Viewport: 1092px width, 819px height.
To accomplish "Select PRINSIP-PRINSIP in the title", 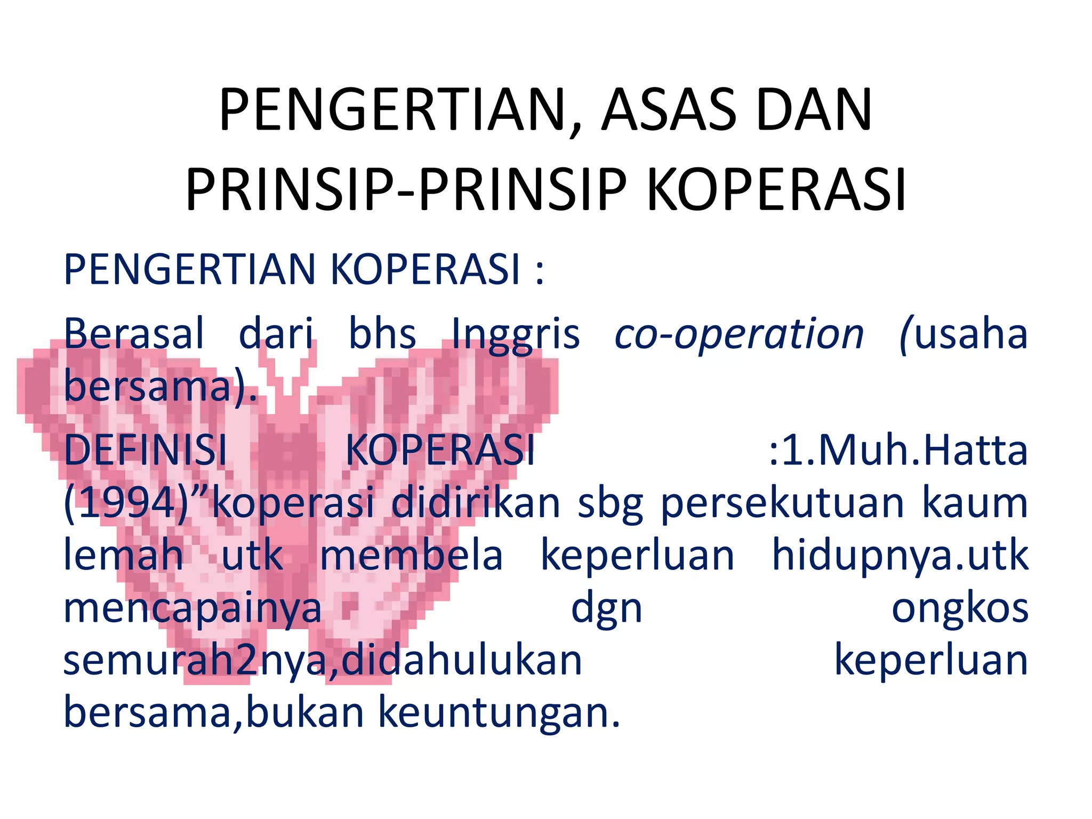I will click(x=406, y=190).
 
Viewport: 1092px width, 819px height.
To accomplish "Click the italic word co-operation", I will click(x=739, y=335).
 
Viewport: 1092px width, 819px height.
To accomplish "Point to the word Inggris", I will click(x=516, y=335).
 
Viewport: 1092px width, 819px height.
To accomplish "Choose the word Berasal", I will click(x=134, y=334).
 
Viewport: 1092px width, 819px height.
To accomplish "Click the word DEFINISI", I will click(x=146, y=450).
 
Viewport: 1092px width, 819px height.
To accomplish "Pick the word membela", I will click(x=411, y=555).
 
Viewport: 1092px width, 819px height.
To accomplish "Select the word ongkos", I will click(x=960, y=608).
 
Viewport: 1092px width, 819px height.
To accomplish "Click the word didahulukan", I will click(x=462, y=660).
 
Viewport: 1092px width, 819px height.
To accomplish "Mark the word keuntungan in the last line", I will click(x=499, y=713).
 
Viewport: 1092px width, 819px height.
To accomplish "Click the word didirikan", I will click(x=476, y=503).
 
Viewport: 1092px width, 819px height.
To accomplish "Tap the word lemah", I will click(x=124, y=555).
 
